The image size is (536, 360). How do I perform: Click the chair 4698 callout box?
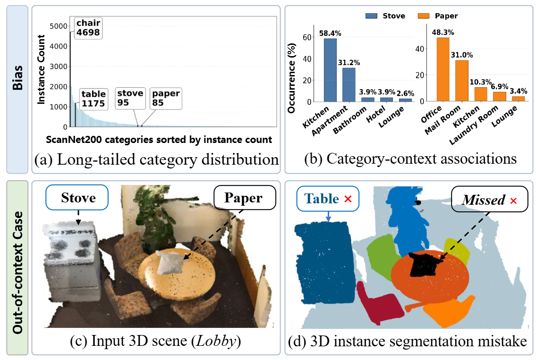click(x=88, y=28)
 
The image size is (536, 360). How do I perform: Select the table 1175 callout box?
click(x=94, y=99)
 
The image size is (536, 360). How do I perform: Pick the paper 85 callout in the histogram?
click(x=166, y=98)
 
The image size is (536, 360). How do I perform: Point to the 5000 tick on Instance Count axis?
click(x=59, y=26)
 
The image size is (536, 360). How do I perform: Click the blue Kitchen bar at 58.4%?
click(x=330, y=70)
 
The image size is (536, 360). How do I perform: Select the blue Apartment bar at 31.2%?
click(x=349, y=85)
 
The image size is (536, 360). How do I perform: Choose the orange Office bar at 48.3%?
click(x=443, y=69)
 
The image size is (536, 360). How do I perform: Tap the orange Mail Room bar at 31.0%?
click(x=461, y=81)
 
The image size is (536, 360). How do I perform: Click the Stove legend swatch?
click(x=371, y=16)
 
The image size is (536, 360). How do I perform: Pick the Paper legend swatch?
click(x=424, y=16)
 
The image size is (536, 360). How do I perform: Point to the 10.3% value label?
click(x=480, y=82)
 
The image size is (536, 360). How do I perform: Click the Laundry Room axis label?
click(x=474, y=126)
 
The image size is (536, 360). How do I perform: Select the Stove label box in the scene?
click(x=77, y=197)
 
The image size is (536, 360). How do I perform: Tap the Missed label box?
click(x=490, y=199)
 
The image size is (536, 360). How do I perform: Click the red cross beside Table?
click(x=348, y=199)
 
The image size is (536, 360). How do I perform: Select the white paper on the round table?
click(x=169, y=262)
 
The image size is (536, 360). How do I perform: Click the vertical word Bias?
click(x=17, y=78)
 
